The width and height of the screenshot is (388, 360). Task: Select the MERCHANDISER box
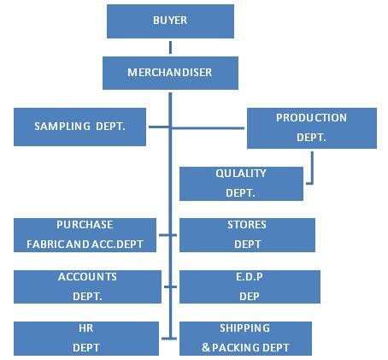tap(170, 73)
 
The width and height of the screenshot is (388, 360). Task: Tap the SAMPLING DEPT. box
tap(80, 127)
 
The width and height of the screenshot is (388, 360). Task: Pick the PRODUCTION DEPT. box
tap(311, 127)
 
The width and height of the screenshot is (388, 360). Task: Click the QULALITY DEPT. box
tap(241, 184)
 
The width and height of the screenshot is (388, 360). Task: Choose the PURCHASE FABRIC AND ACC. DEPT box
tap(85, 234)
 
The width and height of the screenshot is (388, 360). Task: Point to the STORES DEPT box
tap(246, 234)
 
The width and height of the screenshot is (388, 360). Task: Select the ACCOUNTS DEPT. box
tap(87, 286)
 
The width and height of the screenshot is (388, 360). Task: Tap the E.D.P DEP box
tap(249, 286)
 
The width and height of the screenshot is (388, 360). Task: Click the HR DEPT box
tap(87, 338)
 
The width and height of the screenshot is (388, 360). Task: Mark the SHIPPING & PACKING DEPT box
tap(246, 338)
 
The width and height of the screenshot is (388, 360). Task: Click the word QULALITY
tap(241, 174)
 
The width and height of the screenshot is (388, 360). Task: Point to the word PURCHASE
tap(85, 225)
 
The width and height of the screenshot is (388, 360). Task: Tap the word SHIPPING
tap(244, 328)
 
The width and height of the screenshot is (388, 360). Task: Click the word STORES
tap(247, 225)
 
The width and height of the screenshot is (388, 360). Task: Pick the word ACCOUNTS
tap(87, 277)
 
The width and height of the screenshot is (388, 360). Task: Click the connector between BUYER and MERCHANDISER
tap(170, 47)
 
